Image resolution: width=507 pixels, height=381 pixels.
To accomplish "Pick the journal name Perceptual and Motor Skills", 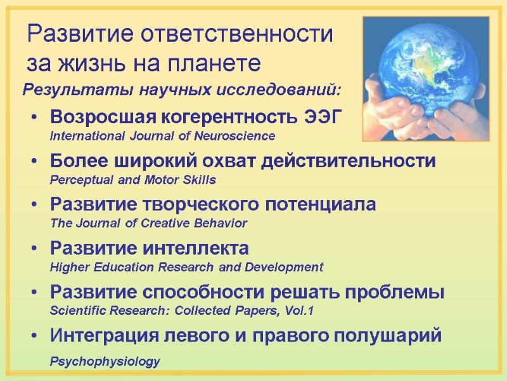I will (x=132, y=180).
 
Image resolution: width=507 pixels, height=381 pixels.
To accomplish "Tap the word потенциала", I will (x=318, y=204).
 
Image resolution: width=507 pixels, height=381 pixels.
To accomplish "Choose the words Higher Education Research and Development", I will (x=186, y=267).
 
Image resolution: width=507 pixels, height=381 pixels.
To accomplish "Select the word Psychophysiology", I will (x=105, y=361).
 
